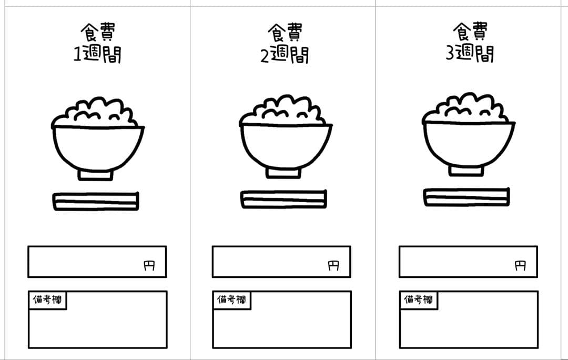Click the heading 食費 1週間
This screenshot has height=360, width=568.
[97, 43]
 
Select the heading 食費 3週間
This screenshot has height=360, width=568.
[470, 42]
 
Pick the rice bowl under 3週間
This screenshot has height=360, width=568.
[469, 135]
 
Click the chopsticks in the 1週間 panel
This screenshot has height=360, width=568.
[96, 201]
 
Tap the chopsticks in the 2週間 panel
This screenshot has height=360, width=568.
[283, 199]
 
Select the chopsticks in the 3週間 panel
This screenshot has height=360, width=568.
[466, 197]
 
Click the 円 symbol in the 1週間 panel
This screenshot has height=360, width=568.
[149, 266]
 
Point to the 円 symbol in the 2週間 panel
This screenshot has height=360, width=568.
[333, 266]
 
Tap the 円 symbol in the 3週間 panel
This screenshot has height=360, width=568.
[520, 266]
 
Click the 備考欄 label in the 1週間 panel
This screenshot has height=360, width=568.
[47, 299]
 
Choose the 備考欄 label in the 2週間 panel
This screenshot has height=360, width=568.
[231, 299]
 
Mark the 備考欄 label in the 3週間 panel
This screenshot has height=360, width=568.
[419, 299]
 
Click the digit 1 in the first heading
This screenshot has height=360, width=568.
[77, 54]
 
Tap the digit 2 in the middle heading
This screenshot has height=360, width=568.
[265, 55]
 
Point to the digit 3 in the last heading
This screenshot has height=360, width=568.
[450, 53]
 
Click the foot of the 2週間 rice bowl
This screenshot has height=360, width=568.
[283, 173]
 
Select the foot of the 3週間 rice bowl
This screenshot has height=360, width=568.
[466, 171]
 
